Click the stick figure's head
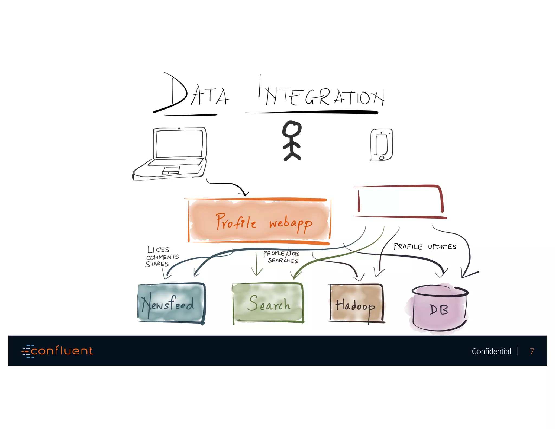pyautogui.click(x=292, y=129)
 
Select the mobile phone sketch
pyautogui.click(x=381, y=145)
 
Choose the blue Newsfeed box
pyautogui.click(x=171, y=303)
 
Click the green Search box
pyautogui.click(x=268, y=303)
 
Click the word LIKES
pyautogui.click(x=158, y=249)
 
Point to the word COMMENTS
pyautogui.click(x=163, y=257)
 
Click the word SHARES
pyautogui.click(x=157, y=264)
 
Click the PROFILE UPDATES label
pyautogui.click(x=425, y=246)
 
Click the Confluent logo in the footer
pyautogui.click(x=57, y=351)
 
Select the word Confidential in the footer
pyautogui.click(x=491, y=351)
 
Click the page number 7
pyautogui.click(x=532, y=351)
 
